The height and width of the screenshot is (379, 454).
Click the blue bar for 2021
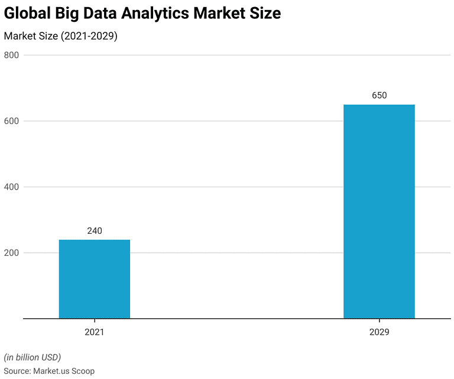(x=95, y=279)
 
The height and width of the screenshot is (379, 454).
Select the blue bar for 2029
(x=379, y=211)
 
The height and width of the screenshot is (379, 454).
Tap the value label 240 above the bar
(x=95, y=231)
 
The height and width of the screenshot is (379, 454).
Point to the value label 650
(x=379, y=96)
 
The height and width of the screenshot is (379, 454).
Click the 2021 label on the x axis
(x=95, y=332)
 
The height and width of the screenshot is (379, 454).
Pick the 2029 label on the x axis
(x=379, y=332)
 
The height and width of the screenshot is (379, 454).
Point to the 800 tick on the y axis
(x=12, y=55)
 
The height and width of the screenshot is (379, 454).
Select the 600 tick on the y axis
(x=12, y=121)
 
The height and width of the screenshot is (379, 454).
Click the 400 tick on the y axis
(x=12, y=187)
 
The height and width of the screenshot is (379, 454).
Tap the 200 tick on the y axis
(x=12, y=253)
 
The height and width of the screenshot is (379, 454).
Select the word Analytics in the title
(x=156, y=14)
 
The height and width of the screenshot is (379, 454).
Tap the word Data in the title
(x=99, y=14)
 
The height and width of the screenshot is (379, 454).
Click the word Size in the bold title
(x=264, y=14)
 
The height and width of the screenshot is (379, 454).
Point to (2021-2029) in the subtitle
(x=89, y=36)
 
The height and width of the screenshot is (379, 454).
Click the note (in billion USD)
(x=33, y=357)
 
